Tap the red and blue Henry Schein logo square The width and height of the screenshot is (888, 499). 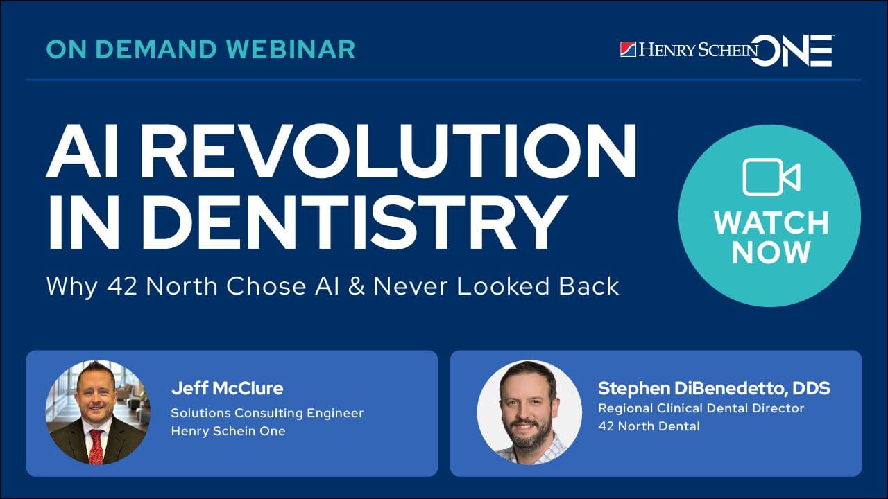coord(628,49)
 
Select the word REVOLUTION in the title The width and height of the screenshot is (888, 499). coord(389,151)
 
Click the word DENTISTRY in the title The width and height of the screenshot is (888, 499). coord(357,221)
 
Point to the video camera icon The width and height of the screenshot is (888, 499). coord(771,177)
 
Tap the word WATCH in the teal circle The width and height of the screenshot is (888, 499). coord(771,223)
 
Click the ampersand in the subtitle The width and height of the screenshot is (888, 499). coord(357,286)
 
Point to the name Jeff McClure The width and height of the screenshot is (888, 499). coord(227,388)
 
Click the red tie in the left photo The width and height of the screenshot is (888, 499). coord(96,446)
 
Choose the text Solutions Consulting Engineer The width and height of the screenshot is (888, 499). coord(267,413)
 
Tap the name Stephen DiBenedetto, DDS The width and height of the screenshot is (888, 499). coord(714,389)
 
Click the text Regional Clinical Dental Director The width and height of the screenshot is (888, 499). coord(701,408)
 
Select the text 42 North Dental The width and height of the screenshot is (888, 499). coord(649,426)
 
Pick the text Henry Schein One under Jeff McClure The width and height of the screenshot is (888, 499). coord(228,431)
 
